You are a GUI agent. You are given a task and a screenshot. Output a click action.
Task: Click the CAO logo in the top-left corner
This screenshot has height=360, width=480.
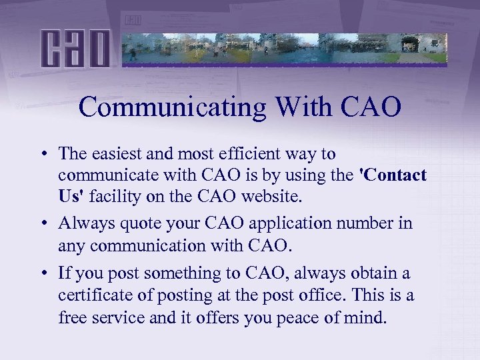click(75, 47)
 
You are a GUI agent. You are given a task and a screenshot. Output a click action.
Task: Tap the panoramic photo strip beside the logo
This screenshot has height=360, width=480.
click(285, 47)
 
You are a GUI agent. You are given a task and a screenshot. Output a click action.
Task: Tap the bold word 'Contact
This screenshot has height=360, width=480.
click(393, 175)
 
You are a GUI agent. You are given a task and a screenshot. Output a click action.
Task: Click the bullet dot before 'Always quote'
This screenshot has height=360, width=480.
click(42, 223)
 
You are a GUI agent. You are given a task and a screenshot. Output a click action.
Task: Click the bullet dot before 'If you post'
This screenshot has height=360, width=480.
click(42, 273)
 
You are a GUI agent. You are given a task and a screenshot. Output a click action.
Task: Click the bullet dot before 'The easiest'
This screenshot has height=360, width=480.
click(42, 154)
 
